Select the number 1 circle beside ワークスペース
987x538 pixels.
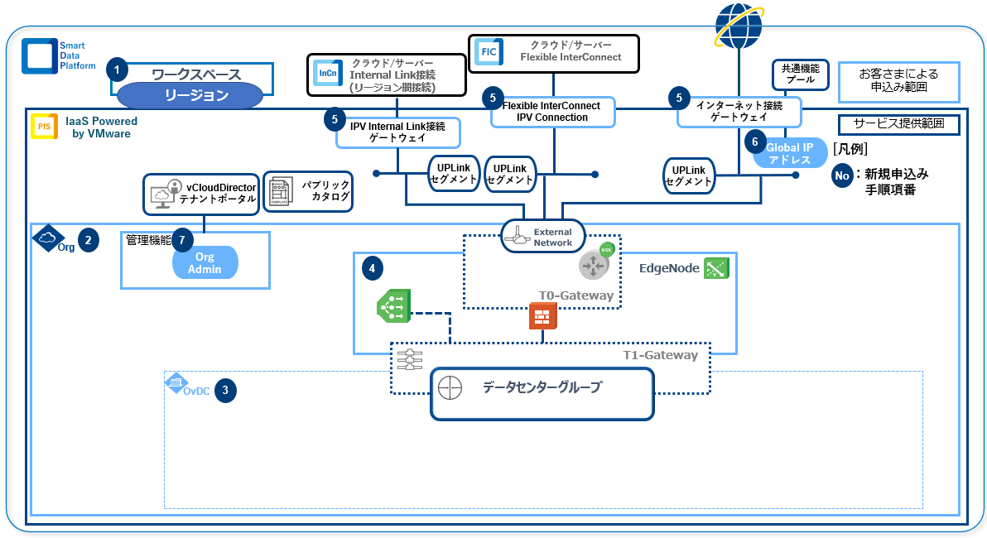point(118,69)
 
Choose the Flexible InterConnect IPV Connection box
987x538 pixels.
point(553,112)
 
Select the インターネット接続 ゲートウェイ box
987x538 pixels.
point(739,112)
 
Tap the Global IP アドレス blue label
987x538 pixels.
point(790,153)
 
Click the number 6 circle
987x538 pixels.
point(755,142)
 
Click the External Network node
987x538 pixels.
point(543,237)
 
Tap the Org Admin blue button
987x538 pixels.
point(205,263)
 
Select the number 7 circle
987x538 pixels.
point(182,240)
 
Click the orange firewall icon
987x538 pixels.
point(542,315)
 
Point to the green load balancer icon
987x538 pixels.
point(392,306)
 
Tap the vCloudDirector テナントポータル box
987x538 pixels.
point(201,193)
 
